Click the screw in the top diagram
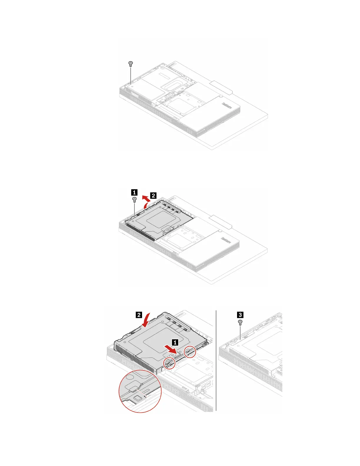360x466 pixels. pos(131,64)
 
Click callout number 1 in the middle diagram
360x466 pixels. pos(134,192)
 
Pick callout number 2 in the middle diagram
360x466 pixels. pos(153,195)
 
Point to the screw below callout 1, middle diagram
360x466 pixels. pos(134,200)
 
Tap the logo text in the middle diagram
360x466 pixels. pos(226,241)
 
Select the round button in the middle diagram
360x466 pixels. pos(220,231)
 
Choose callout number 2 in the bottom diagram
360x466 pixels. pos(139,315)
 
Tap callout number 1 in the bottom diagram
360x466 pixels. pos(175,342)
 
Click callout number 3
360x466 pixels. pos(240,315)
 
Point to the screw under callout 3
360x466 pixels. pos(240,322)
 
